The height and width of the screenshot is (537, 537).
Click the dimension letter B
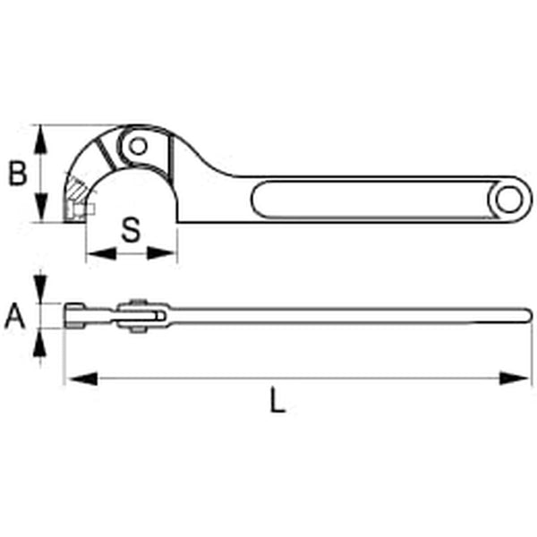coord(18,173)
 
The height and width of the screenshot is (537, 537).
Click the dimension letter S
coord(131,230)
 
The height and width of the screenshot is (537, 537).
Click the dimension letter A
coord(13,317)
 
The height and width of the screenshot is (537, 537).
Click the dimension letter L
coord(277,403)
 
